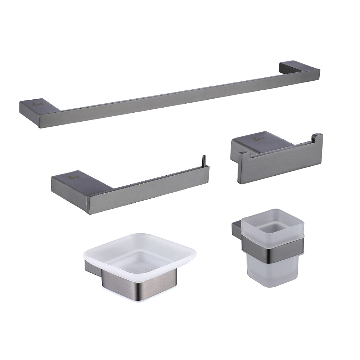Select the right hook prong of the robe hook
pyautogui.click(x=317, y=139)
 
